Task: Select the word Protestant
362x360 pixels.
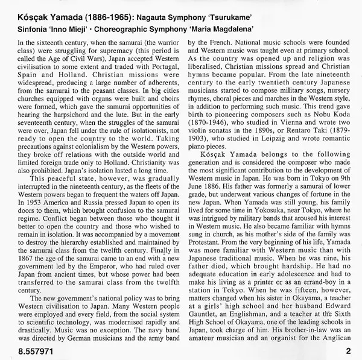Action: (206, 223)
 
